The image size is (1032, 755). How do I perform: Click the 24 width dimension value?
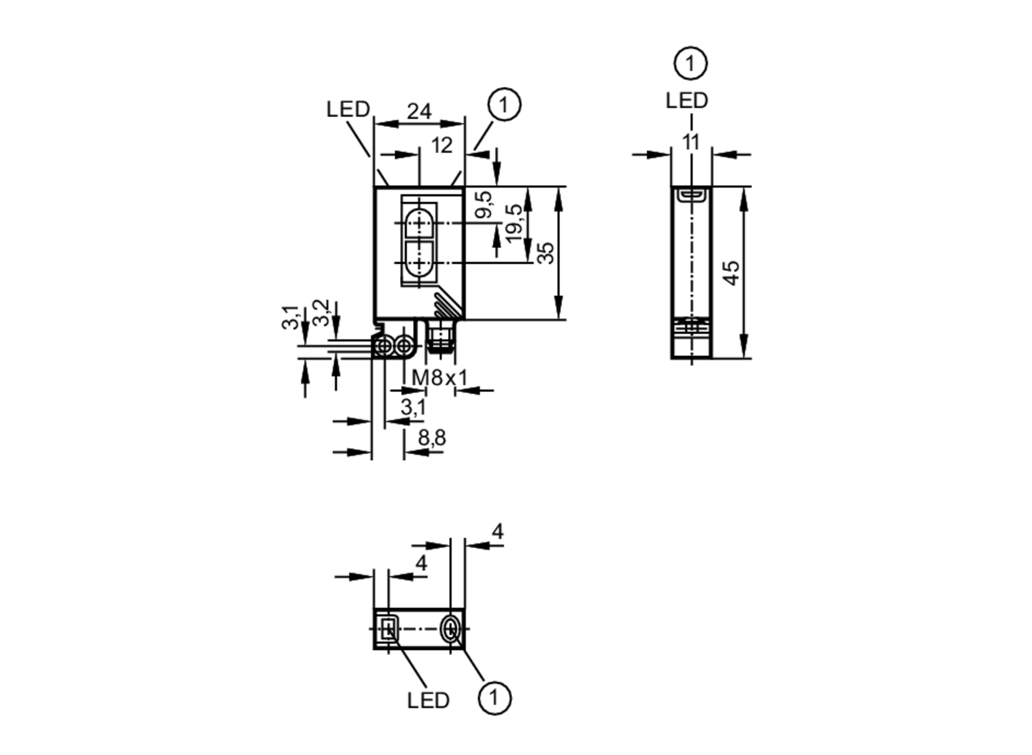pyautogui.click(x=418, y=111)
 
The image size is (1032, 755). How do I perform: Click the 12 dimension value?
pyautogui.click(x=442, y=146)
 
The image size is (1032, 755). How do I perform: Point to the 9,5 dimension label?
pyautogui.click(x=483, y=204)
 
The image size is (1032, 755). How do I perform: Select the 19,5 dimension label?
pyautogui.click(x=514, y=223)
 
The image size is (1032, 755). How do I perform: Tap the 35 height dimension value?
pyautogui.click(x=545, y=253)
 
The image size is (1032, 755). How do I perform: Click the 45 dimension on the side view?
pyautogui.click(x=731, y=272)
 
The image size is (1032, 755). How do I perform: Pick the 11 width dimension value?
pyautogui.click(x=690, y=142)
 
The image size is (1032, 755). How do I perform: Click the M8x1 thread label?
pyautogui.click(x=440, y=378)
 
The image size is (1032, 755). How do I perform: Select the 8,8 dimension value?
pyautogui.click(x=432, y=438)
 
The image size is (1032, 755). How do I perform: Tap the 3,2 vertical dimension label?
pyautogui.click(x=321, y=313)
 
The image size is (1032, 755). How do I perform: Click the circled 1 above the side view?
pyautogui.click(x=690, y=64)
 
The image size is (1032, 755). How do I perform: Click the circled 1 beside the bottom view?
pyautogui.click(x=494, y=698)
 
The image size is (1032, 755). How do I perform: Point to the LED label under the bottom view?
pyautogui.click(x=428, y=700)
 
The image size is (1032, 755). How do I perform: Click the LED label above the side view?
pyautogui.click(x=686, y=101)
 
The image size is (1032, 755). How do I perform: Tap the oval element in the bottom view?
pyautogui.click(x=451, y=630)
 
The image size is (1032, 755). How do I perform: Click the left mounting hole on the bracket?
pyautogui.click(x=384, y=347)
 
